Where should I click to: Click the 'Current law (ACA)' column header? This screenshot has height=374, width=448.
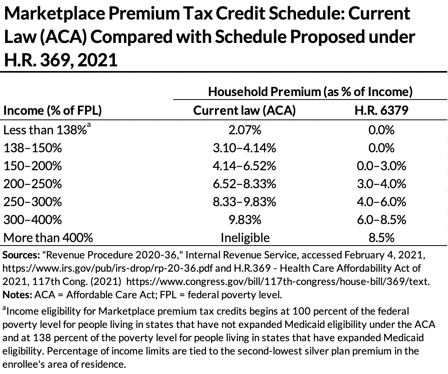[245, 110]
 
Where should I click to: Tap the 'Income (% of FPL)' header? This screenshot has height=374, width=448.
[53, 110]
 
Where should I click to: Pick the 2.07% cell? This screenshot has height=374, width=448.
[245, 130]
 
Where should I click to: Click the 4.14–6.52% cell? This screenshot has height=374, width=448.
[245, 166]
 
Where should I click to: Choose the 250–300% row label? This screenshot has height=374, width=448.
[33, 202]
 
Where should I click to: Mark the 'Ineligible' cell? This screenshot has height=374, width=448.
[245, 238]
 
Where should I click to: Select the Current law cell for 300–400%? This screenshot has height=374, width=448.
[245, 220]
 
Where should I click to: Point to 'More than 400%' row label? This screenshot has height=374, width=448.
[48, 238]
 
